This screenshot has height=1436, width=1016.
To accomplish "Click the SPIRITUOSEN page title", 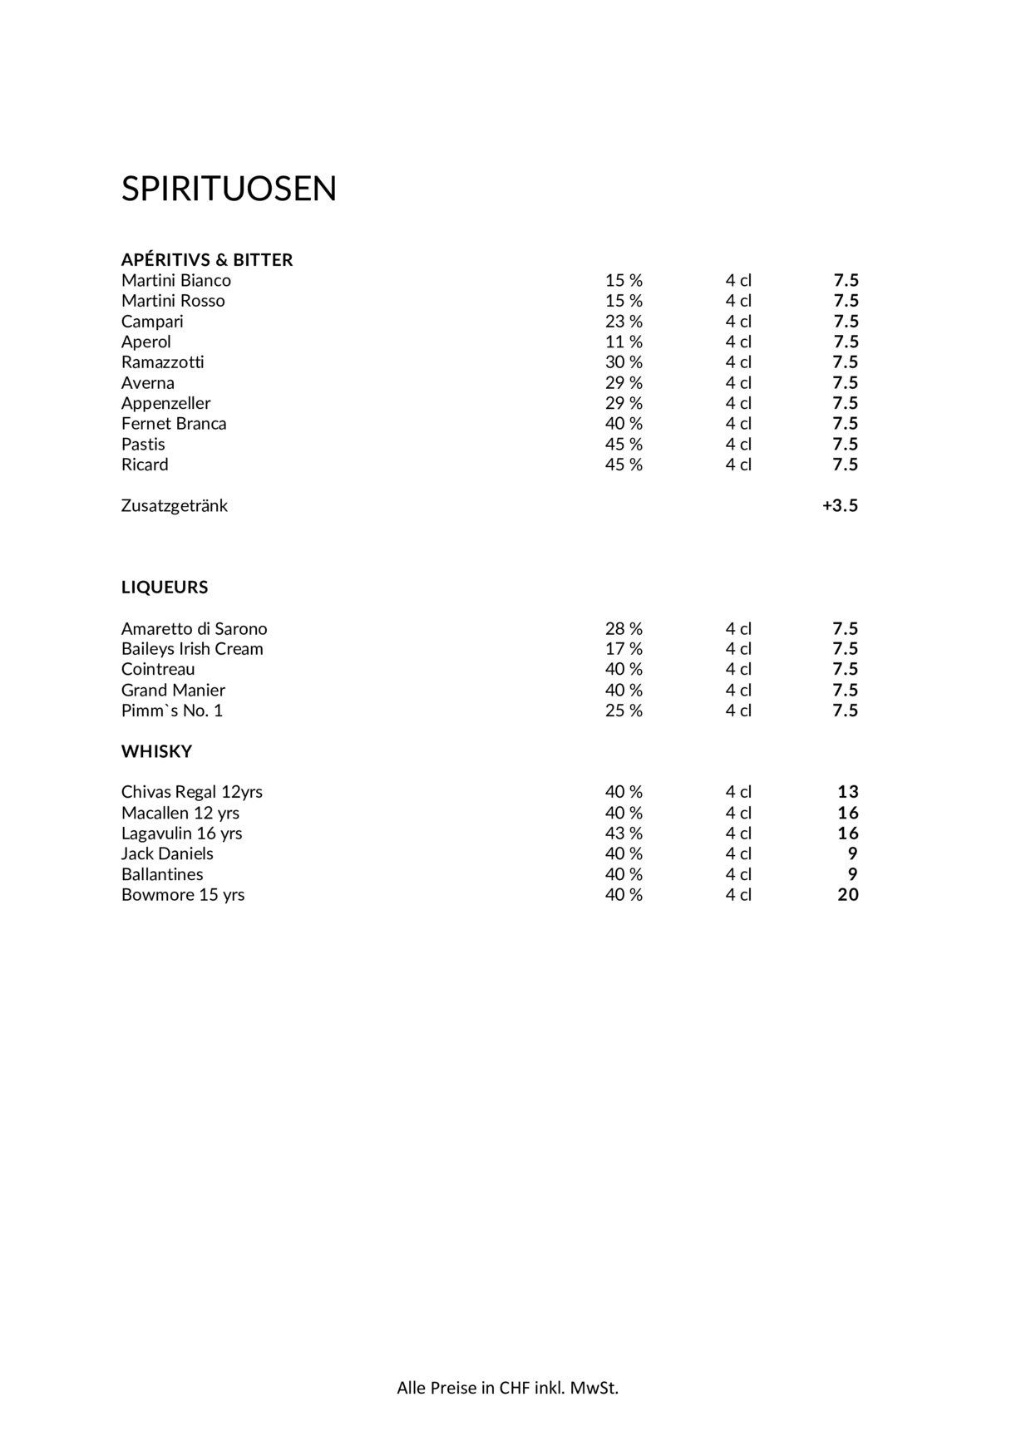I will pos(229,189).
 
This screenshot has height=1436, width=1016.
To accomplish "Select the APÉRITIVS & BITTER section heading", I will pos(207,260).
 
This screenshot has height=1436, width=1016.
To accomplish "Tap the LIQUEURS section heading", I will pos(165,588).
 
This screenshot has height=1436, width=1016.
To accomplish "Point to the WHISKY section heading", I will pos(156,752).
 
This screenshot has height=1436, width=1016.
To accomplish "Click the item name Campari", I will pos(152,322).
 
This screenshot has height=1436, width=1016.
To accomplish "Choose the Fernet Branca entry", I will pos(174,424).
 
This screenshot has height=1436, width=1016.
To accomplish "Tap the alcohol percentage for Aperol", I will pos(624,342).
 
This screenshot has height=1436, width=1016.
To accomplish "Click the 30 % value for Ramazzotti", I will pos(624,362).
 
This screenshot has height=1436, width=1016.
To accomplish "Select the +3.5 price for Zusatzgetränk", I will pos(840,506).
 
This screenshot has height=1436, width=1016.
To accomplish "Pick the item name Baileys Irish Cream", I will pos(192,649).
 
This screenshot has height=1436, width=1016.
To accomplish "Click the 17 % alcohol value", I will pos(624,649).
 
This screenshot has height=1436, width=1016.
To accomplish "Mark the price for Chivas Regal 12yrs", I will pos(848,792).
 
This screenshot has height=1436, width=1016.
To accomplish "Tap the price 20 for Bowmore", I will pos(848,895).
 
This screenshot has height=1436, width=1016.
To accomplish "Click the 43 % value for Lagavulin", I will pos(624,834).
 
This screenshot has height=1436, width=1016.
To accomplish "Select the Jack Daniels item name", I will pos(167,854).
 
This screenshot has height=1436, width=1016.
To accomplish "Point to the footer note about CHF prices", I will pos(507,1388).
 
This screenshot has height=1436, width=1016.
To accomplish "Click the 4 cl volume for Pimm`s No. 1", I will pos(738,711).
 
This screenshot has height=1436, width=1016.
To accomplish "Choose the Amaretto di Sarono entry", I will pos(194,629).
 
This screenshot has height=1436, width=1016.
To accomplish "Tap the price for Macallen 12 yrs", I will pos(848,813).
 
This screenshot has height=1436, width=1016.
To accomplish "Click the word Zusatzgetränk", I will pos(175,506).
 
